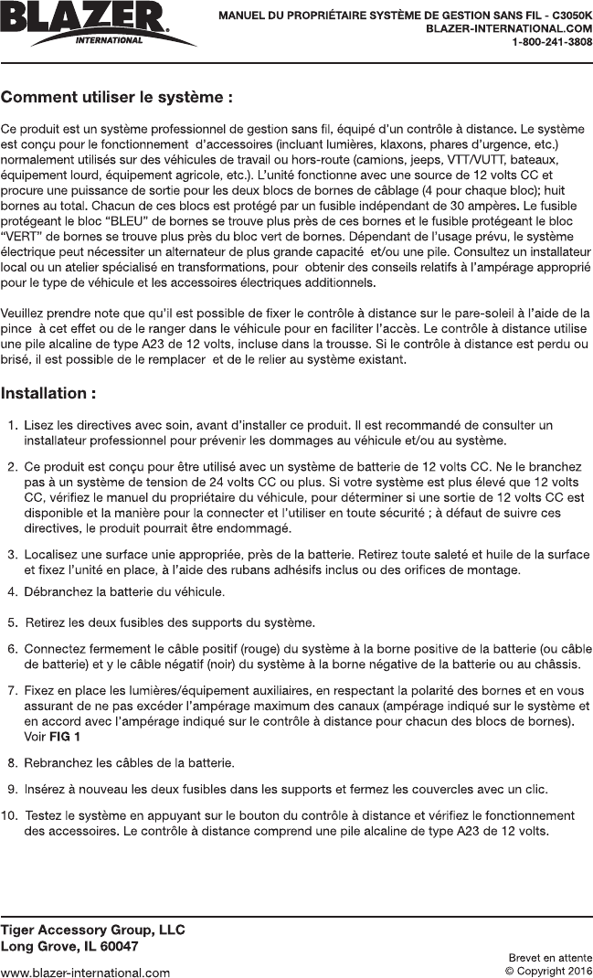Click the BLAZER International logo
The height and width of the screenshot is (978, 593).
(88, 23)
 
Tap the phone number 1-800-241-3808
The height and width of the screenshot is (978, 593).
(551, 42)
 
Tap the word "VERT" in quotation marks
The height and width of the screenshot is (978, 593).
(21, 235)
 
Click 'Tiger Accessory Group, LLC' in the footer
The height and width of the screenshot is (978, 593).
(93, 930)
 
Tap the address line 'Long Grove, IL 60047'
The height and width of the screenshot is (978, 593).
(69, 946)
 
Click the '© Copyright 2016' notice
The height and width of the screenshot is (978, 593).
(548, 971)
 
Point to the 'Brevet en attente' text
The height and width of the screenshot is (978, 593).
(550, 957)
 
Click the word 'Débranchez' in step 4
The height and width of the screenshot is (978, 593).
(59, 591)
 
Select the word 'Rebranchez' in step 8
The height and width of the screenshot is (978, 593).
(59, 761)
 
